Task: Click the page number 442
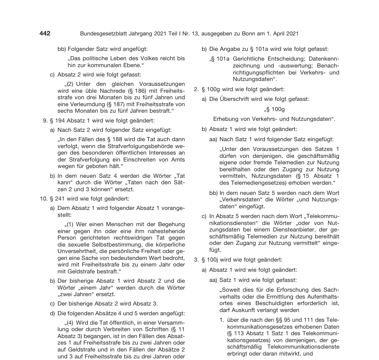45,33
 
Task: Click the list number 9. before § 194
46,120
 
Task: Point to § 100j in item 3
211,260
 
